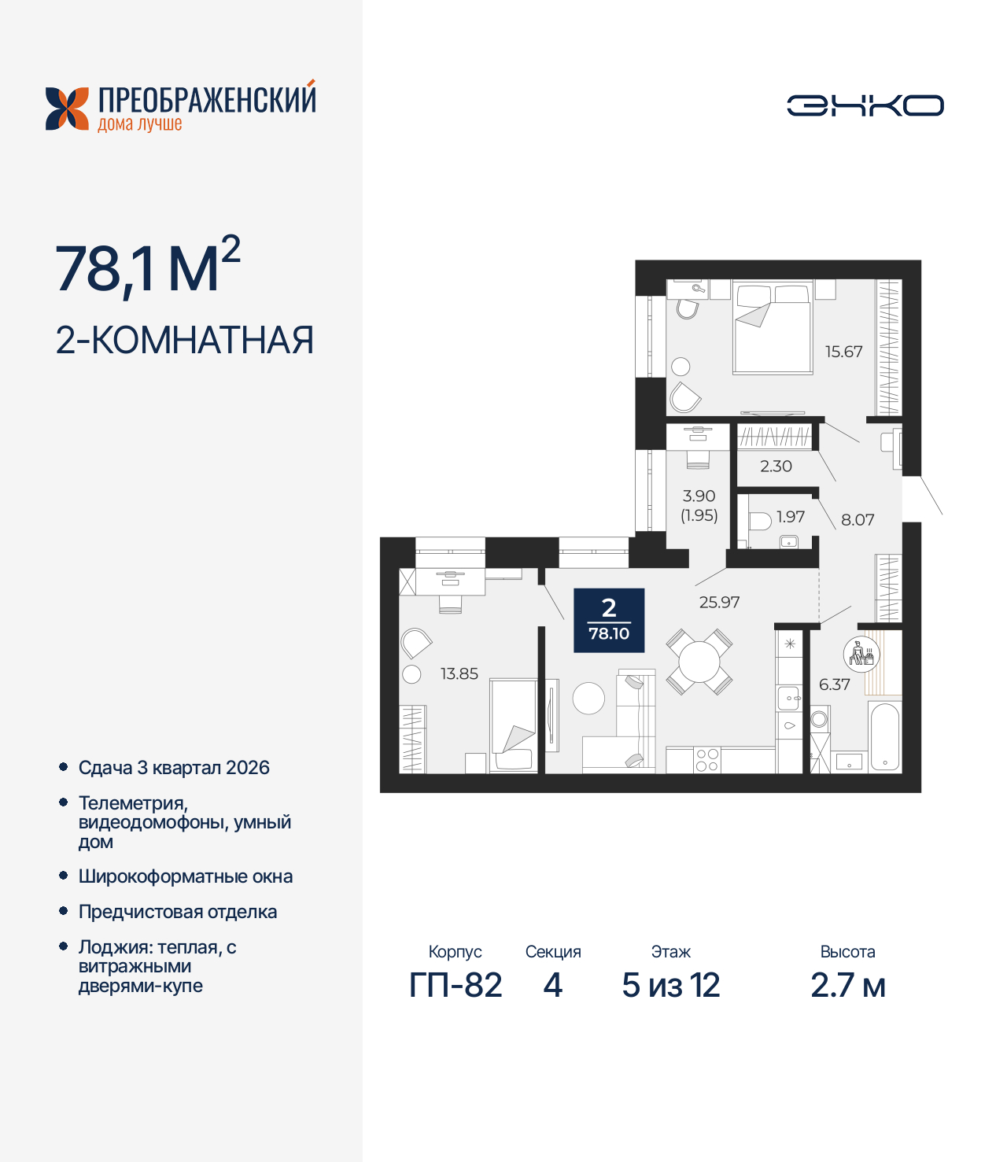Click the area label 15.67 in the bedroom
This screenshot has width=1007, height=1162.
(x=843, y=352)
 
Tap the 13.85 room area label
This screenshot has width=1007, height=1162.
(x=459, y=673)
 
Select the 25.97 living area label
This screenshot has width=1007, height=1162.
(x=719, y=602)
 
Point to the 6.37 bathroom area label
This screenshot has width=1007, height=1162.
(x=834, y=684)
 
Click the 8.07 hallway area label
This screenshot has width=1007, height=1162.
(x=858, y=519)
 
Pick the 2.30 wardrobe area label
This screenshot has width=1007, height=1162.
(x=776, y=466)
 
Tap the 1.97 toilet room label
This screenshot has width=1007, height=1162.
(x=791, y=517)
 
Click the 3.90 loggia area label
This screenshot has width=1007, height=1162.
(x=699, y=496)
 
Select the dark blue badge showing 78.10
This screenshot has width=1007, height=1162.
(x=609, y=621)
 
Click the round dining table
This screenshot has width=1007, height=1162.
(x=699, y=662)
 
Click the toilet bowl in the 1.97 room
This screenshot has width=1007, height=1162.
(x=759, y=521)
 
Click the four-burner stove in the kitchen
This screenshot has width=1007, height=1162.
(x=706, y=760)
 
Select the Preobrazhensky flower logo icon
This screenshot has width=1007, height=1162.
(x=67, y=109)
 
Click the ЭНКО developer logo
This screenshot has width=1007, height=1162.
(x=865, y=105)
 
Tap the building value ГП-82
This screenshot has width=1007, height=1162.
(x=456, y=985)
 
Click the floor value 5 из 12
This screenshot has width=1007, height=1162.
(x=670, y=985)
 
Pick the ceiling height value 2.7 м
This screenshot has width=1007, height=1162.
(x=847, y=985)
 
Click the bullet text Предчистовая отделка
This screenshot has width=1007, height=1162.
(x=178, y=912)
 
